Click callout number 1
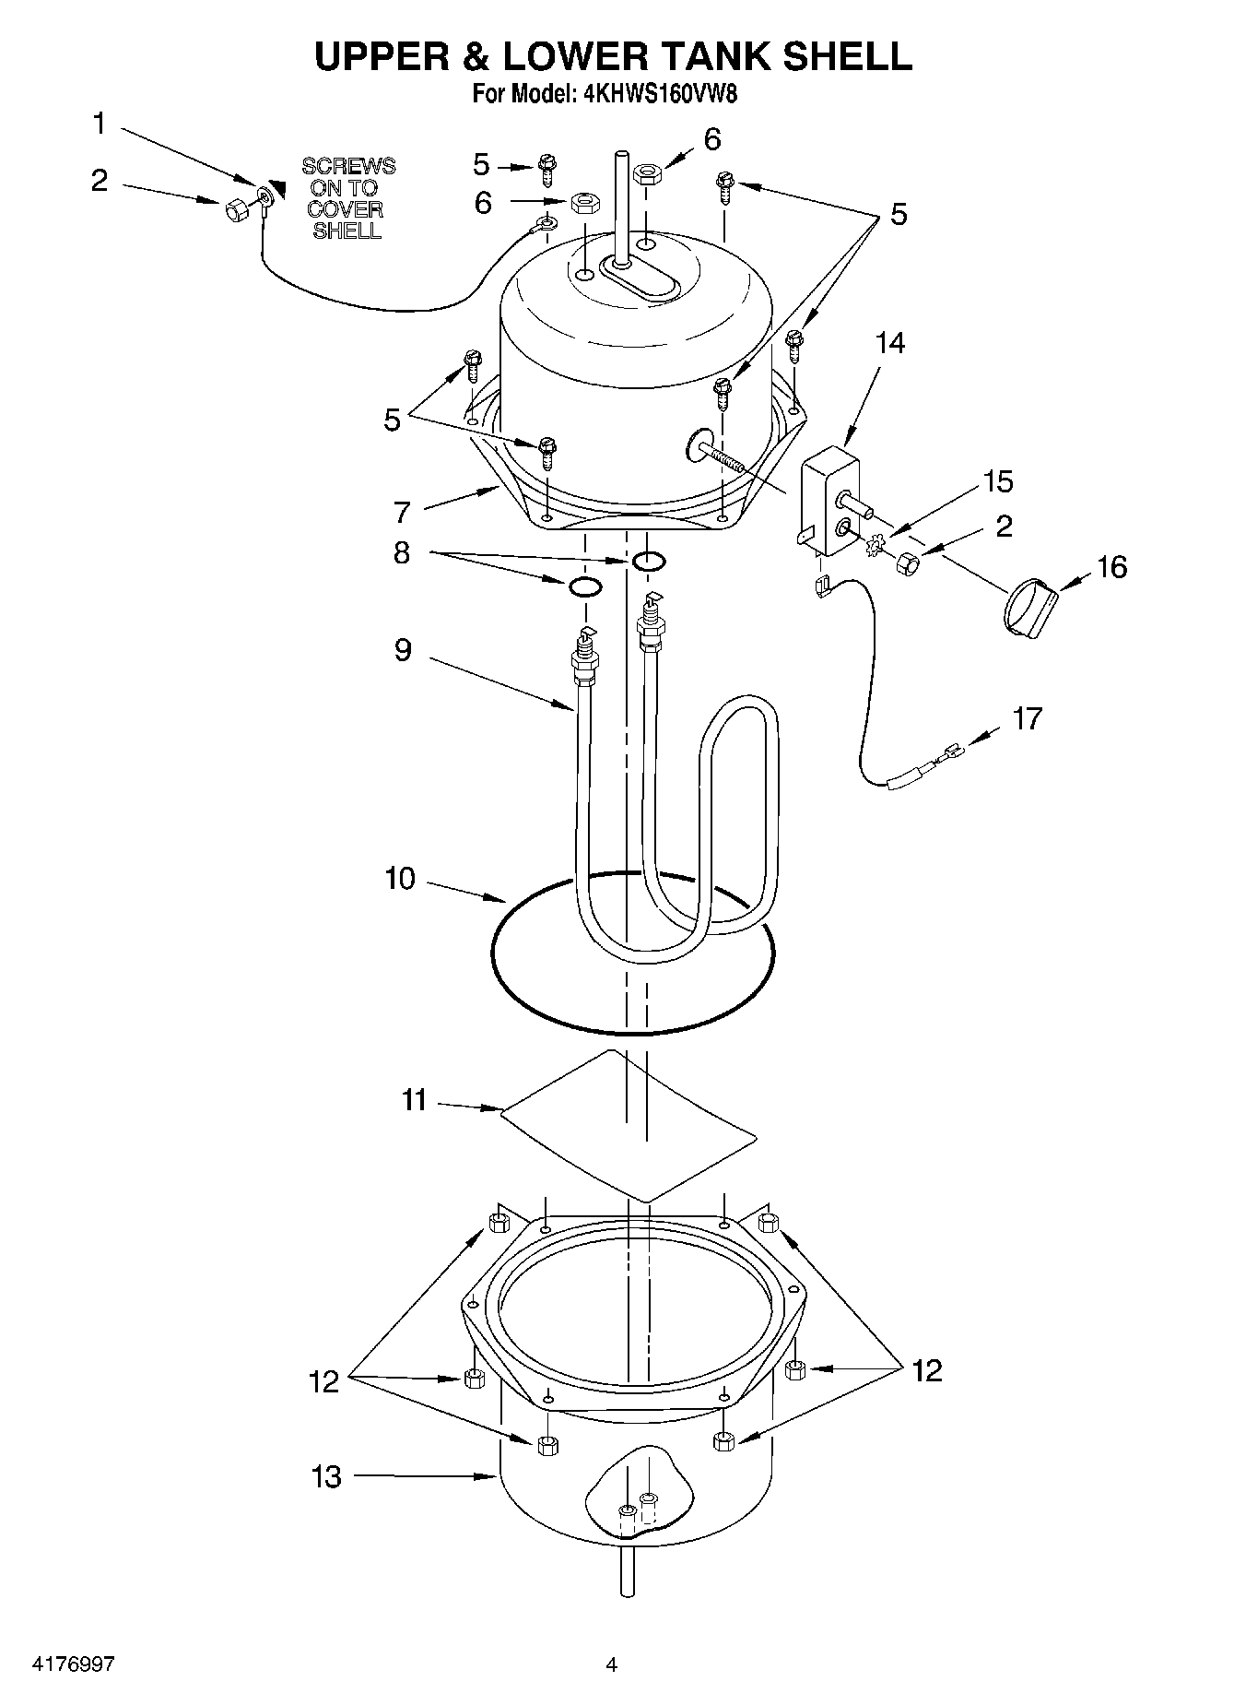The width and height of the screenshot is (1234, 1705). [x=100, y=124]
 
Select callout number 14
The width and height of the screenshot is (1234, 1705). [x=889, y=343]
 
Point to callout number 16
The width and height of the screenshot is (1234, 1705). [x=1111, y=566]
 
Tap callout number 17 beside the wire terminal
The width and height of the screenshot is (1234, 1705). [x=1027, y=717]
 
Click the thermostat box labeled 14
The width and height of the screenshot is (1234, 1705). [x=829, y=503]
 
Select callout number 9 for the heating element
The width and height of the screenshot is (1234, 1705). [x=403, y=650]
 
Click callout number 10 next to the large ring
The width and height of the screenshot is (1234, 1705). [x=400, y=879]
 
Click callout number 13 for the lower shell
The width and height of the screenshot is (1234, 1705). [x=326, y=1476]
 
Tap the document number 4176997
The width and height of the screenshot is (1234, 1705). [x=74, y=1664]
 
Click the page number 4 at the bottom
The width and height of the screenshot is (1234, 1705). [x=611, y=1664]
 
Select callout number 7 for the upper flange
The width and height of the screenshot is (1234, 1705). [x=401, y=512]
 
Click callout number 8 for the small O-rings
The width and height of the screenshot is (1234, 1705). [x=401, y=553]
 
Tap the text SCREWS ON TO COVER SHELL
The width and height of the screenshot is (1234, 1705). [x=348, y=198]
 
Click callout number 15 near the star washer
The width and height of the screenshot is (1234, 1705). [x=997, y=481]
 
